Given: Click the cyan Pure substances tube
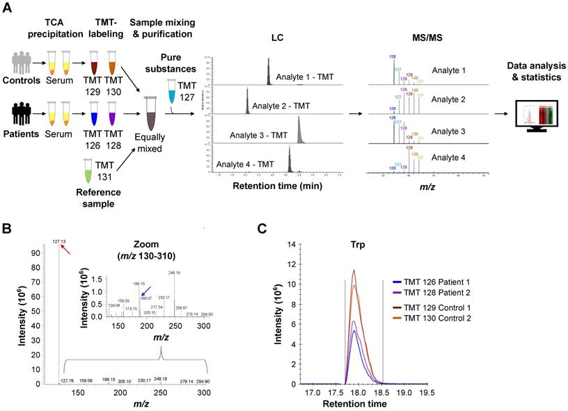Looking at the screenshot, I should click(174, 90).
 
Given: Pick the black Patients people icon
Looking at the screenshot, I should click(19, 114).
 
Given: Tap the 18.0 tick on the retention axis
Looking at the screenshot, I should click(360, 393).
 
